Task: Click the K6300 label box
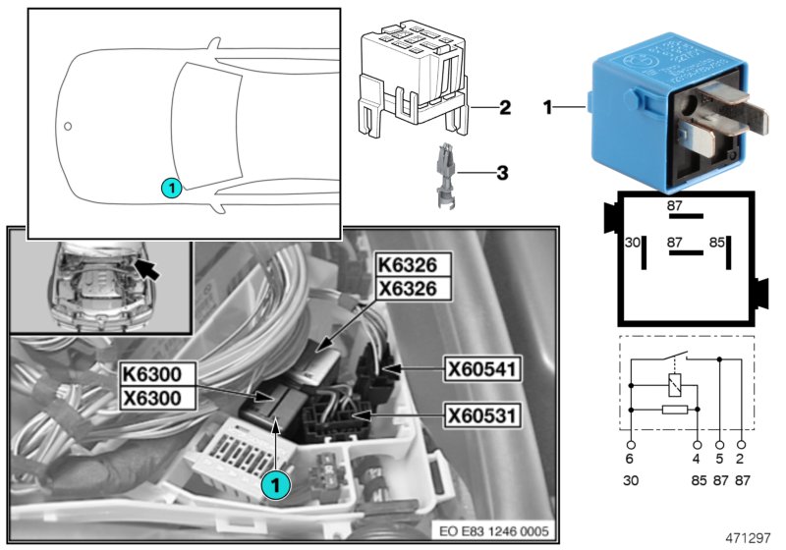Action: pyautogui.click(x=157, y=374)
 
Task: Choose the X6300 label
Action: pyautogui.click(x=157, y=397)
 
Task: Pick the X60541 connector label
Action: pyautogui.click(x=482, y=369)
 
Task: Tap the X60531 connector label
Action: pyautogui.click(x=482, y=415)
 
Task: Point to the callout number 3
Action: pyautogui.click(x=501, y=174)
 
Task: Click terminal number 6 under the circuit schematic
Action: pyautogui.click(x=631, y=457)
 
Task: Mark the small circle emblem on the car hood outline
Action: pyautogui.click(x=68, y=127)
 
